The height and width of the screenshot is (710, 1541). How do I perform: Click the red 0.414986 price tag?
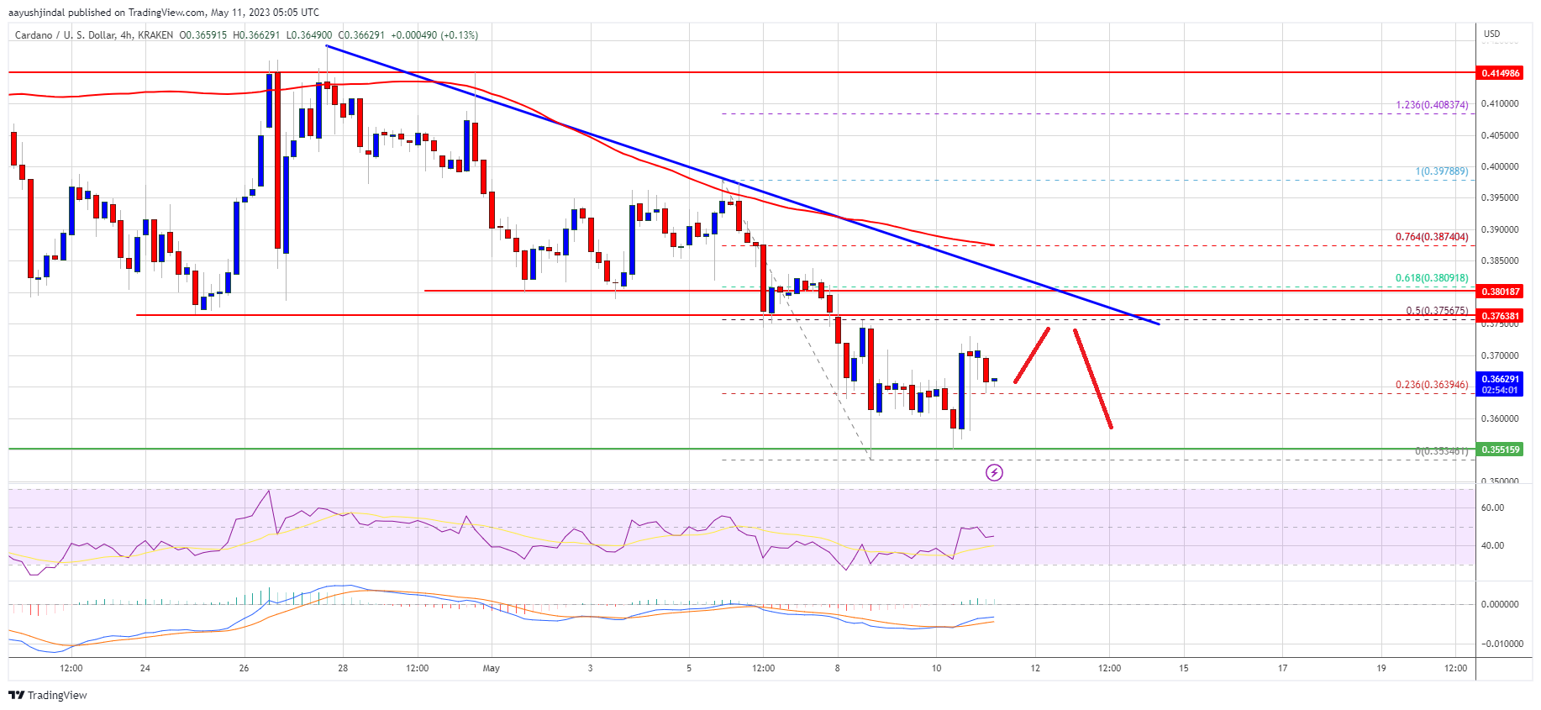pos(1500,73)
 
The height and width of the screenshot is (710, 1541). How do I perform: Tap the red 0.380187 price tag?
pos(1500,292)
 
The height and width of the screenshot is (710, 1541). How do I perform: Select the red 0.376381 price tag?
pos(1500,316)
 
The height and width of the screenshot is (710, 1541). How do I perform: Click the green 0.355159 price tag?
pos(1500,450)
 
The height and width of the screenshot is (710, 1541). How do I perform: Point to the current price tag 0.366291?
pos(1500,380)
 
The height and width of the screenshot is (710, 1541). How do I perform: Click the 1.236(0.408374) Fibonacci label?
pos(1432,105)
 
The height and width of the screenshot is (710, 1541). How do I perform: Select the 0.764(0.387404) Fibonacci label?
pos(1432,237)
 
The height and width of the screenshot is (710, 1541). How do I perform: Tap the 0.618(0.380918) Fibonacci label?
pos(1432,278)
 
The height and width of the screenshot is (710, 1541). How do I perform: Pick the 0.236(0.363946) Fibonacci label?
pos(1432,385)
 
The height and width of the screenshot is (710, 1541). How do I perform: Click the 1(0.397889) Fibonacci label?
pos(1442,171)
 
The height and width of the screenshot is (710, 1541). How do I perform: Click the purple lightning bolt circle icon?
pos(994,472)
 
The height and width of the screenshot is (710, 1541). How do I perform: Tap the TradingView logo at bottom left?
pos(48,695)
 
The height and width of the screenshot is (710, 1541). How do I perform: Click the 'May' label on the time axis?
pos(492,669)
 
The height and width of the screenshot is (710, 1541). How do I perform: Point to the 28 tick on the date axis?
pos(343,669)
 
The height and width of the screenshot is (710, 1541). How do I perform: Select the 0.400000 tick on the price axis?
pos(1499,166)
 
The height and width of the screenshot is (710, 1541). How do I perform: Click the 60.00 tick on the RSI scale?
pos(1492,508)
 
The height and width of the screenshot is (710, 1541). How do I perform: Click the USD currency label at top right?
pos(1491,34)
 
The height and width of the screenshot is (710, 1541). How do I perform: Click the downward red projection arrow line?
pos(1092,379)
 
